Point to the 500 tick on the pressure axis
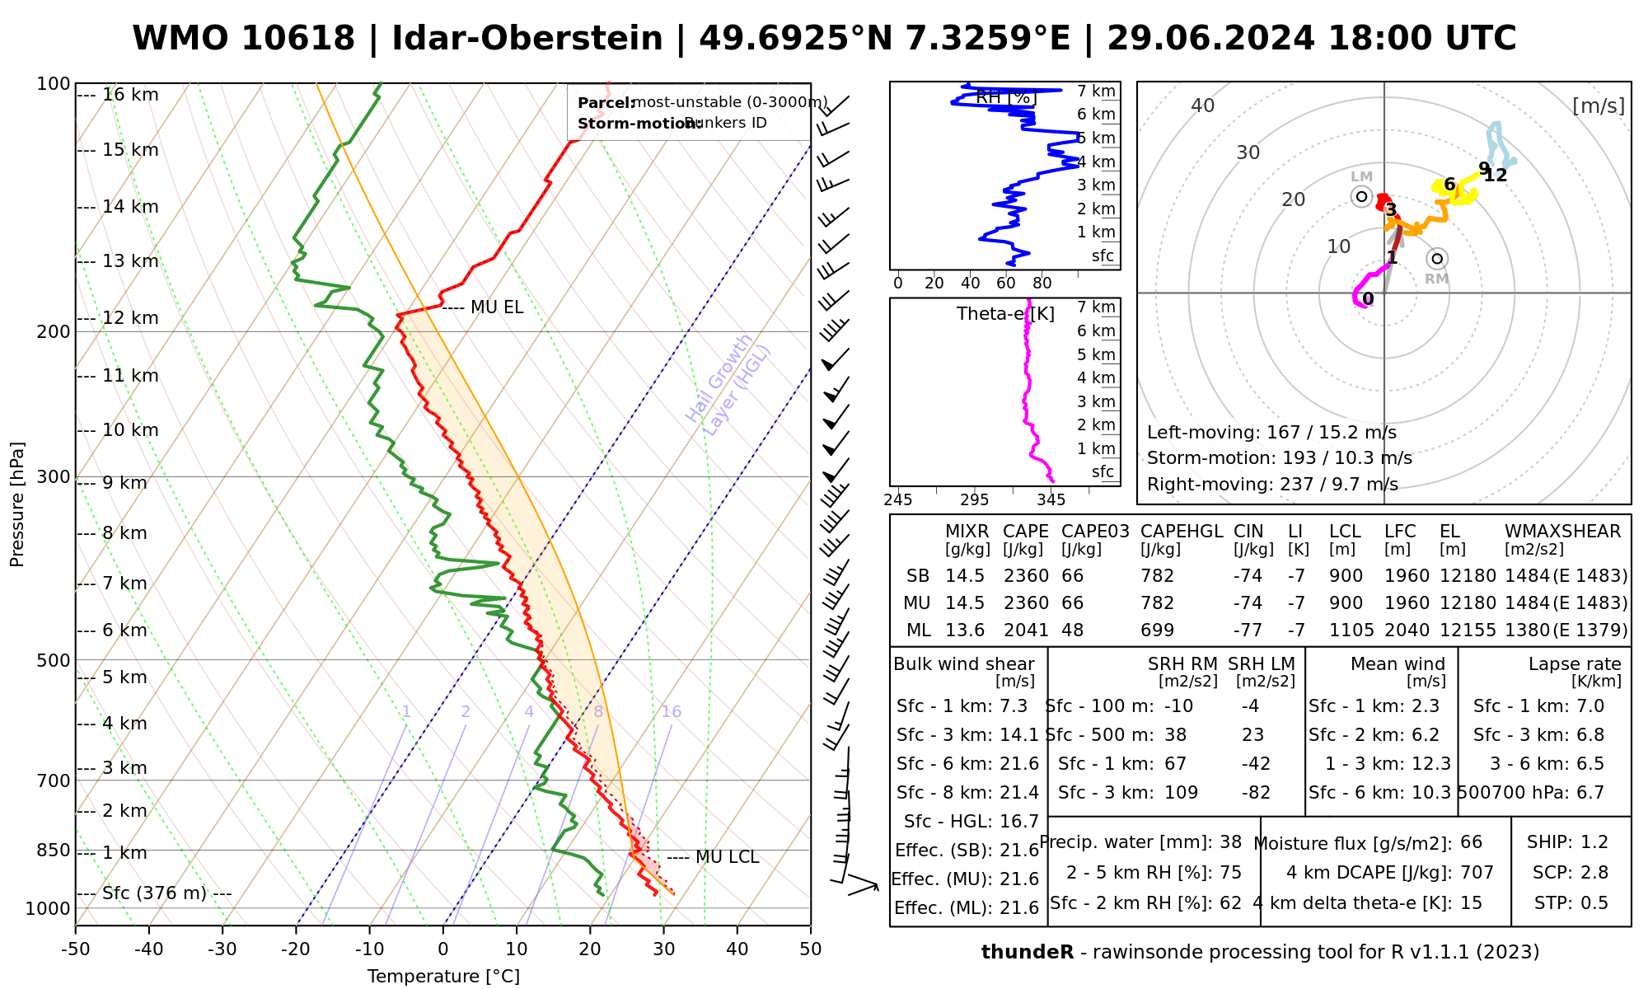point(54,660)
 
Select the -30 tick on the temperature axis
point(222,949)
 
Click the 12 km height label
point(130,318)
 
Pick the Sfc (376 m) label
point(154,893)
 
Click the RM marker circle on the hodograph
point(1437,259)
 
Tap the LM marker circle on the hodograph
point(1361,196)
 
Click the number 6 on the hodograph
point(1449,185)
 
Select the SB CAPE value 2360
point(1026,576)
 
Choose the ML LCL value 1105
point(1351,630)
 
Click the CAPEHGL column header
point(1182,532)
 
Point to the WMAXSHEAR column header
point(1562,532)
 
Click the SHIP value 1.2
point(1594,842)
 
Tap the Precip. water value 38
point(1230,842)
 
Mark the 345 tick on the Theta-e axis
point(1051,499)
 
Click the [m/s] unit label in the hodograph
point(1599,105)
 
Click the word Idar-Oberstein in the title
point(527,39)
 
